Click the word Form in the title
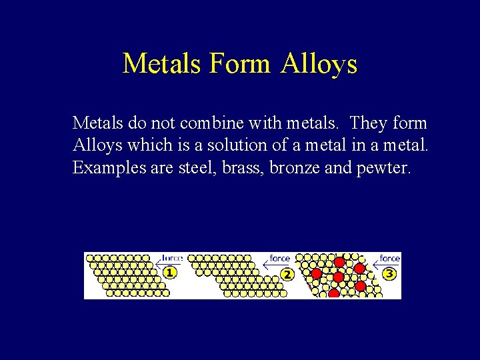click(239, 64)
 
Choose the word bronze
click(296, 167)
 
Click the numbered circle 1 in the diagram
click(171, 273)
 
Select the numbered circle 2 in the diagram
click(287, 274)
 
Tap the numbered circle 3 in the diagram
click(390, 273)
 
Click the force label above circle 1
click(173, 257)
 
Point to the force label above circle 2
click(280, 258)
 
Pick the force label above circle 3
click(390, 257)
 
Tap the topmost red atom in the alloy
click(339, 262)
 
